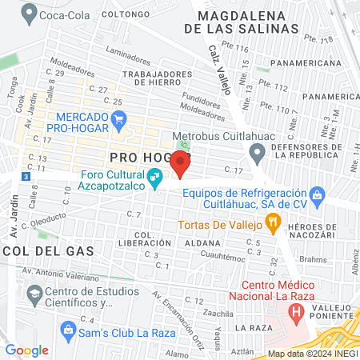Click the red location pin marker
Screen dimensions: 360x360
click(180, 164)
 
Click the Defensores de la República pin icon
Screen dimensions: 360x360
click(257, 151)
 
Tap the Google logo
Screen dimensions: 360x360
click(26, 350)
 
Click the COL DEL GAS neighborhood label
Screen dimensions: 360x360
click(48, 250)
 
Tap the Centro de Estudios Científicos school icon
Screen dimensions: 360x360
click(35, 296)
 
